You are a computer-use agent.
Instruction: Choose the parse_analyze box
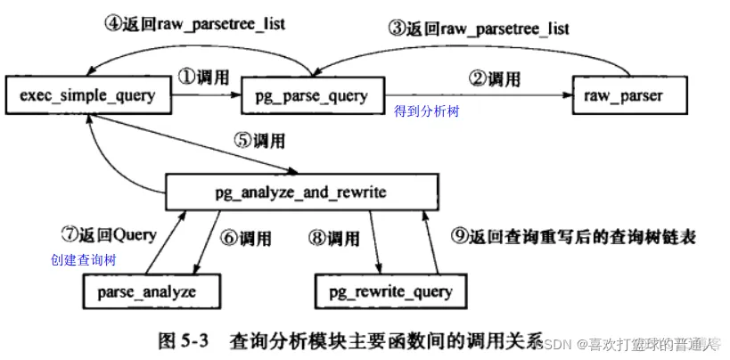click(x=152, y=291)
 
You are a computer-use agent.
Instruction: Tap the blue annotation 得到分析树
click(x=428, y=111)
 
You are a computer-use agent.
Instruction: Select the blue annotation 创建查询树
click(x=85, y=260)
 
